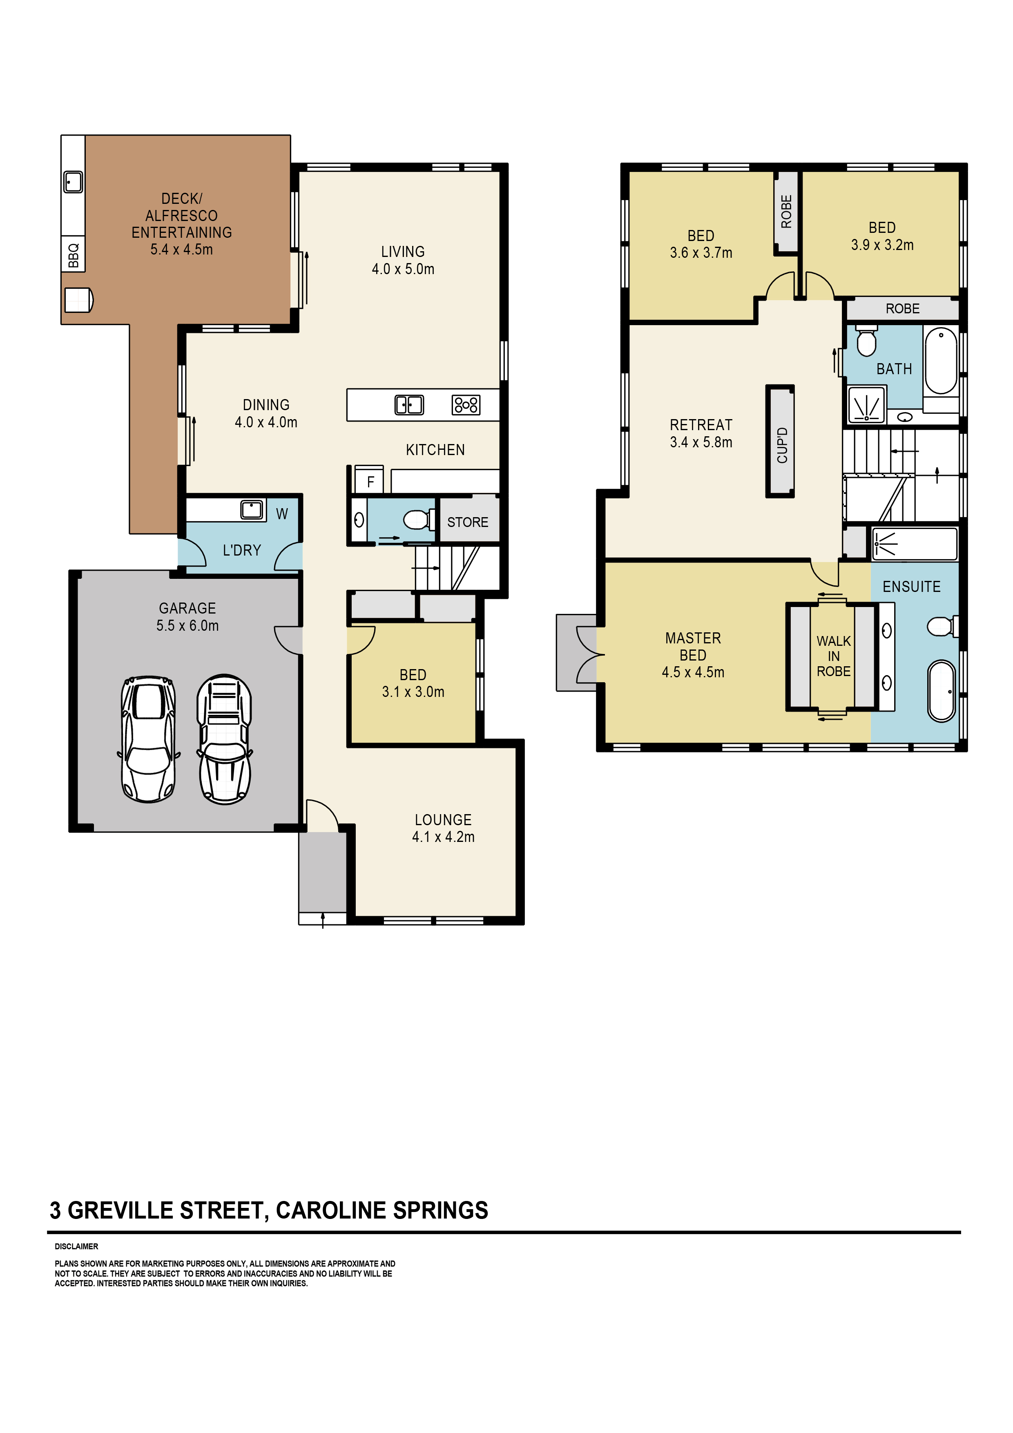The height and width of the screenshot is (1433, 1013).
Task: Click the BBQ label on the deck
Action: tap(74, 254)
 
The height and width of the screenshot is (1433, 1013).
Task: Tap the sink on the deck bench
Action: tap(73, 182)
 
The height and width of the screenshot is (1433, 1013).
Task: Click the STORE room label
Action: tap(467, 522)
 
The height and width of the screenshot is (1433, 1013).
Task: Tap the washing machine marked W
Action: tap(281, 513)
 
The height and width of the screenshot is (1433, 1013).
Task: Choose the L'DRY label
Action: tap(241, 550)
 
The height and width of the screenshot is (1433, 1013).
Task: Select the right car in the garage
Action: tap(225, 739)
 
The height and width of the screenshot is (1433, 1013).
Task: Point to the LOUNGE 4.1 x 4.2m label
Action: tap(443, 828)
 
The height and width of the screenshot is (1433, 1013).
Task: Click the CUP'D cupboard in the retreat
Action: tap(780, 441)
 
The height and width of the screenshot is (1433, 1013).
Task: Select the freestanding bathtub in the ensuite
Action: tap(941, 691)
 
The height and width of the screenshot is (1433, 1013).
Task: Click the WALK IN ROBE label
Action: tap(833, 656)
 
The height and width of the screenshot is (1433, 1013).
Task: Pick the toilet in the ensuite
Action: tap(942, 626)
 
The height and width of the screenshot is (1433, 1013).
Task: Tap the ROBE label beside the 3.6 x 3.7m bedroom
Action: tap(786, 212)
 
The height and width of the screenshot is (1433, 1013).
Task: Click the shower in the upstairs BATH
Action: tap(866, 405)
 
